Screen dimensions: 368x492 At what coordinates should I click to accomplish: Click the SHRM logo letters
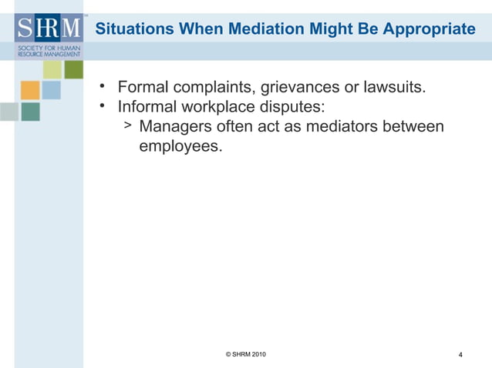(48, 30)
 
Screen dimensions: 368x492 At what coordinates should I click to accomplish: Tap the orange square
(30, 90)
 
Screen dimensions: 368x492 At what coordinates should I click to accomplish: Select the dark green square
(73, 69)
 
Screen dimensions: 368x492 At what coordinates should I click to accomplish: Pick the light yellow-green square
(52, 69)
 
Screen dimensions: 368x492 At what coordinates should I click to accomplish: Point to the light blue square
(52, 90)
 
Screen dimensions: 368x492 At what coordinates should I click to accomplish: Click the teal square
(30, 112)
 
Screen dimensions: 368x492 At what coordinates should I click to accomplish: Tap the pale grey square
(8, 112)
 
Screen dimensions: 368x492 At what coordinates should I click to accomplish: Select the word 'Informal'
(147, 106)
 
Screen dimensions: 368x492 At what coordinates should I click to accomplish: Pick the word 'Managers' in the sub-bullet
(174, 125)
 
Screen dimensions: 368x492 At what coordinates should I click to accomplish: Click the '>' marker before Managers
(128, 125)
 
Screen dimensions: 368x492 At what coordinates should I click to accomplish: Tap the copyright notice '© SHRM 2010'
(246, 354)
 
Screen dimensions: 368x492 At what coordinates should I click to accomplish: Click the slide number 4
(460, 355)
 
